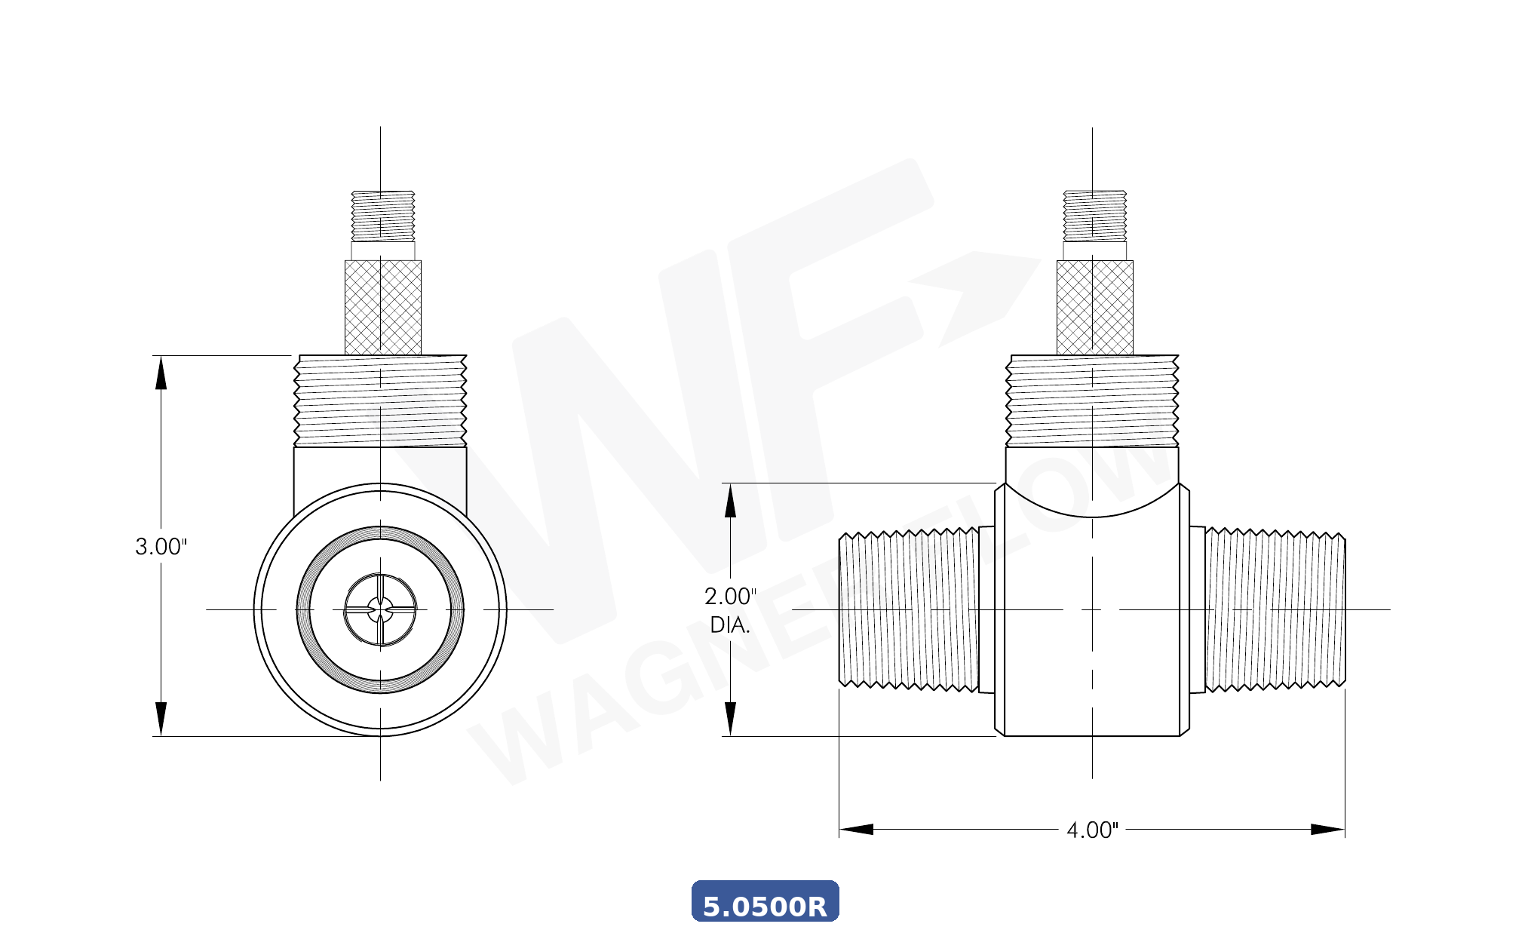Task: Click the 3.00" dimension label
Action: (x=161, y=547)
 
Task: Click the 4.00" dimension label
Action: (x=1092, y=830)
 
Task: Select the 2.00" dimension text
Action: (x=730, y=597)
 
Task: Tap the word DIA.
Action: (x=730, y=625)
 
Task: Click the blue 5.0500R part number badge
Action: (x=765, y=903)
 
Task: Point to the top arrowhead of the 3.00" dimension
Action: (x=161, y=373)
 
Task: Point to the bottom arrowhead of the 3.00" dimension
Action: (x=161, y=719)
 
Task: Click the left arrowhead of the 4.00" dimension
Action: (x=856, y=830)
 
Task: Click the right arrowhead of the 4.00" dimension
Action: (x=1328, y=830)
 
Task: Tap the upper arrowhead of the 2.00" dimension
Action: (x=730, y=501)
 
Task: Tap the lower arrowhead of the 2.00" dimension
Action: (x=730, y=719)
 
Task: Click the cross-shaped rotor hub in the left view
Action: (x=380, y=609)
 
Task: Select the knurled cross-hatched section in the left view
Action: (x=383, y=307)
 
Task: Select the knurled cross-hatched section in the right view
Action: (x=1094, y=307)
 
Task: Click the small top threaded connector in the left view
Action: (x=383, y=216)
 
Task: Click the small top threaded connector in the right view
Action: (x=1094, y=216)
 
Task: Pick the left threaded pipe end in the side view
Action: (x=909, y=609)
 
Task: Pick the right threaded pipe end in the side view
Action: (x=1275, y=609)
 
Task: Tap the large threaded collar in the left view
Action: (x=380, y=400)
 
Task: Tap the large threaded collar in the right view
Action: (x=1092, y=400)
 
